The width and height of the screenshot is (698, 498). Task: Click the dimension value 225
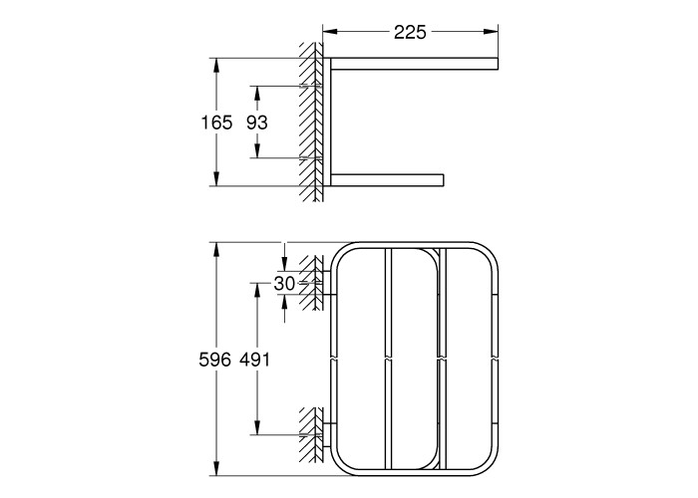click(x=410, y=32)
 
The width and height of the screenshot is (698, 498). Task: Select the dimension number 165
click(x=216, y=123)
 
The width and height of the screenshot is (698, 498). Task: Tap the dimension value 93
click(x=257, y=123)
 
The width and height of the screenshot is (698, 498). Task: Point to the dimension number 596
click(x=215, y=360)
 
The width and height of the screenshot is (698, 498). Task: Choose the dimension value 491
click(x=255, y=360)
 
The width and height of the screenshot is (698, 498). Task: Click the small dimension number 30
click(x=284, y=283)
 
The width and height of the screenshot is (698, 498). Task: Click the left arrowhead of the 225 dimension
click(x=330, y=31)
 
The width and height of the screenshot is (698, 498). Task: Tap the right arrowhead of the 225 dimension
click(x=491, y=31)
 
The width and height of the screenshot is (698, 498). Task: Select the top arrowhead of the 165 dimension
click(x=216, y=66)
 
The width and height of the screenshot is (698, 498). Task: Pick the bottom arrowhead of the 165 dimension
click(x=216, y=178)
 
